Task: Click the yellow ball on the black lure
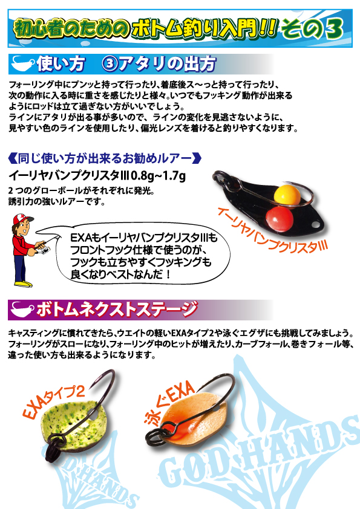coord(287,195)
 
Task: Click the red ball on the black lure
coord(280,216)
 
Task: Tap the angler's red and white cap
coord(22,219)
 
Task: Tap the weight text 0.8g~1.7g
coord(158,176)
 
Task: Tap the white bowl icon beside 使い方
coord(22,64)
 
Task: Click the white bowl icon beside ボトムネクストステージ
coord(22,310)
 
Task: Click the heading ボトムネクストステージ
coord(117,309)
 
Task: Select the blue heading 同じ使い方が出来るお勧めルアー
coord(104,159)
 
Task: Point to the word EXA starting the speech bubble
coord(80,238)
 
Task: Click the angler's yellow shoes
coord(24,284)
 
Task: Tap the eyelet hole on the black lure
coord(314,224)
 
